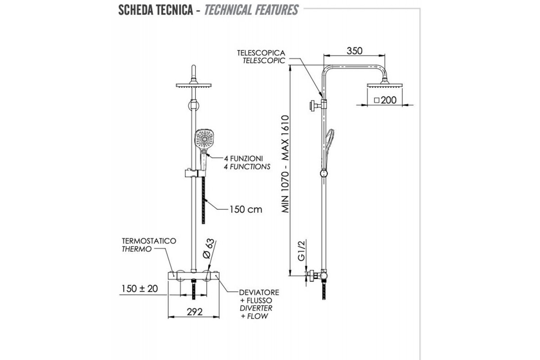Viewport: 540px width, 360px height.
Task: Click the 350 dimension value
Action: click(x=355, y=51)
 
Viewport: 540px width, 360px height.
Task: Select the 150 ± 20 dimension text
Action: click(x=139, y=288)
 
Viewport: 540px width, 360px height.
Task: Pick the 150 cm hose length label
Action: click(x=246, y=209)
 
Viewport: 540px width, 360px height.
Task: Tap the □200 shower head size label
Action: click(x=385, y=100)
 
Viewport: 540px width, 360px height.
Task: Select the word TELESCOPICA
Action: click(x=261, y=53)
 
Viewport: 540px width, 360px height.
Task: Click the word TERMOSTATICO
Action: click(x=148, y=241)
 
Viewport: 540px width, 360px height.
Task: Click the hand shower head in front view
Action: click(x=204, y=140)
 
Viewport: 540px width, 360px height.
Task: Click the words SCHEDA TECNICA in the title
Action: click(x=155, y=9)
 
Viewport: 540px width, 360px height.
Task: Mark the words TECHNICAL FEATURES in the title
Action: click(x=251, y=9)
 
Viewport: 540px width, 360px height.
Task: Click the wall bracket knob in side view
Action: click(x=312, y=106)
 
